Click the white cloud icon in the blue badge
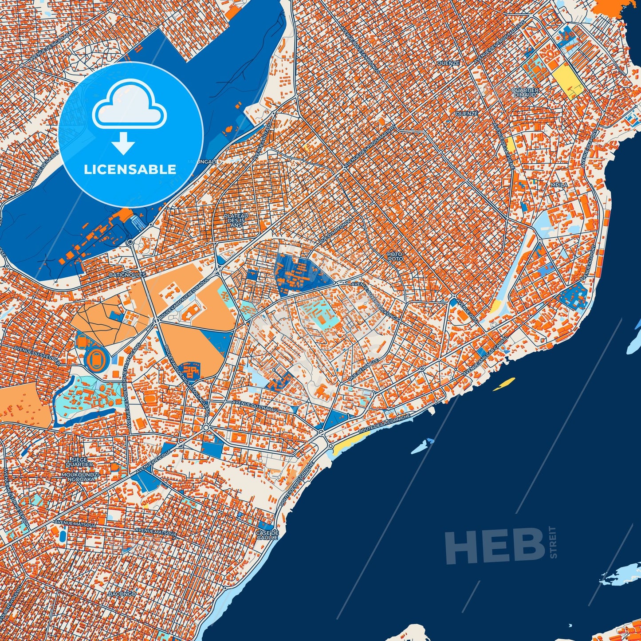click(x=129, y=103)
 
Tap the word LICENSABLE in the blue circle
click(x=130, y=169)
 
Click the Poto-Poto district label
click(x=395, y=256)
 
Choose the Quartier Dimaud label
click(x=525, y=92)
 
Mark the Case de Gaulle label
click(x=267, y=535)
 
